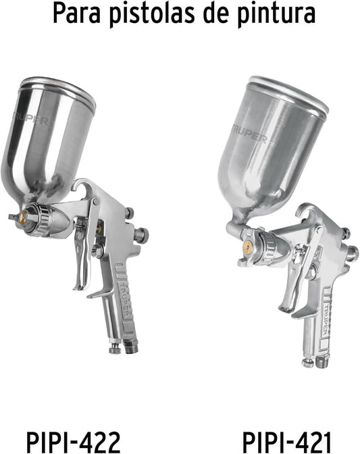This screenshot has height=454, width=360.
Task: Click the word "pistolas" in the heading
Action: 152,14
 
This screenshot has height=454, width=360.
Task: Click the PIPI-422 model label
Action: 73,442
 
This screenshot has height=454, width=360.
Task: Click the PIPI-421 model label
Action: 286,442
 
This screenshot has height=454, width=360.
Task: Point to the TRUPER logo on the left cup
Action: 31,118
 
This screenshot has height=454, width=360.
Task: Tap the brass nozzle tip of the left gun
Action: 23,216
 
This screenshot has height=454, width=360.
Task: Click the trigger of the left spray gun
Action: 82,255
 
